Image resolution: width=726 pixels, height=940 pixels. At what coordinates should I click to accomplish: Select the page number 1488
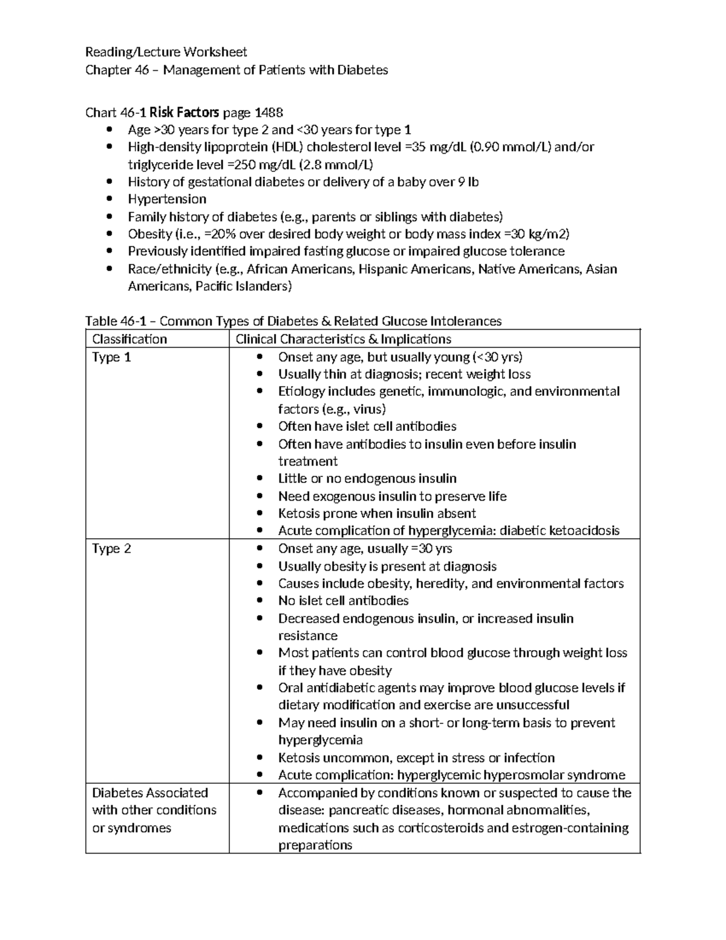click(x=269, y=113)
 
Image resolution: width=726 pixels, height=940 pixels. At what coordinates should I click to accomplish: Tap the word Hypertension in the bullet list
click(x=167, y=199)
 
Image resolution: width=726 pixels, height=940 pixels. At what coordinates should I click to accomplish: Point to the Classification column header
click(x=129, y=339)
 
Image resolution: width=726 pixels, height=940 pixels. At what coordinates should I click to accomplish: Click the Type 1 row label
click(x=111, y=357)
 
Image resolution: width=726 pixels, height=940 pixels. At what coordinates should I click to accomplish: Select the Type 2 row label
click(x=111, y=549)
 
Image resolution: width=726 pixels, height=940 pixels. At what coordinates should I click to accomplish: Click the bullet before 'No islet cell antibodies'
click(x=260, y=601)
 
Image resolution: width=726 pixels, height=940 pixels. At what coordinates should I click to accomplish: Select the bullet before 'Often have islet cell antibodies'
click(x=260, y=427)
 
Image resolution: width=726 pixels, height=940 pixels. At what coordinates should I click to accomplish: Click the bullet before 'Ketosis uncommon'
click(x=260, y=758)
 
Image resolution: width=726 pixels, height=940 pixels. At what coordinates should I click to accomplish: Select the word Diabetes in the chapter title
click(x=362, y=70)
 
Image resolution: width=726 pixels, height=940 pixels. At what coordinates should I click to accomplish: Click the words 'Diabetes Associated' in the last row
click(x=150, y=793)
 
